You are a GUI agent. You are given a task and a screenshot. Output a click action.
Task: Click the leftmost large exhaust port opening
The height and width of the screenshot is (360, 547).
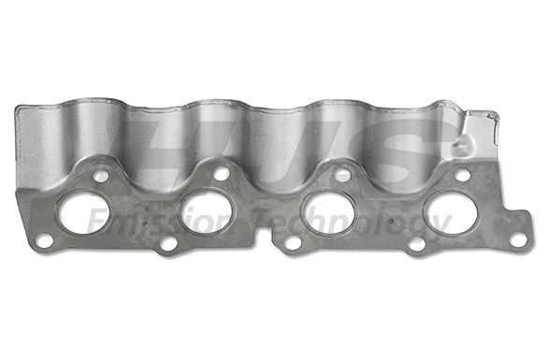point(83,213)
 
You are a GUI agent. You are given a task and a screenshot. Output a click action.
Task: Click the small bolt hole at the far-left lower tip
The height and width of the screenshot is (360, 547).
point(45,242)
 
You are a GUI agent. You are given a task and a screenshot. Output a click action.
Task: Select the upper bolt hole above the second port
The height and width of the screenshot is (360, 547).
point(221,173)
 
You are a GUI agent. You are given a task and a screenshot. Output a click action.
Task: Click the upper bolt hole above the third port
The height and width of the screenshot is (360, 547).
point(342,173)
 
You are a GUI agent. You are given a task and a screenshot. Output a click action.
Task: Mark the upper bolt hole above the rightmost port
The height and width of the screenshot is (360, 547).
point(463,174)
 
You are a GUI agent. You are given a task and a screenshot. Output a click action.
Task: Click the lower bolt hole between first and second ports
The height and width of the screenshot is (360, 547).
point(168,245)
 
